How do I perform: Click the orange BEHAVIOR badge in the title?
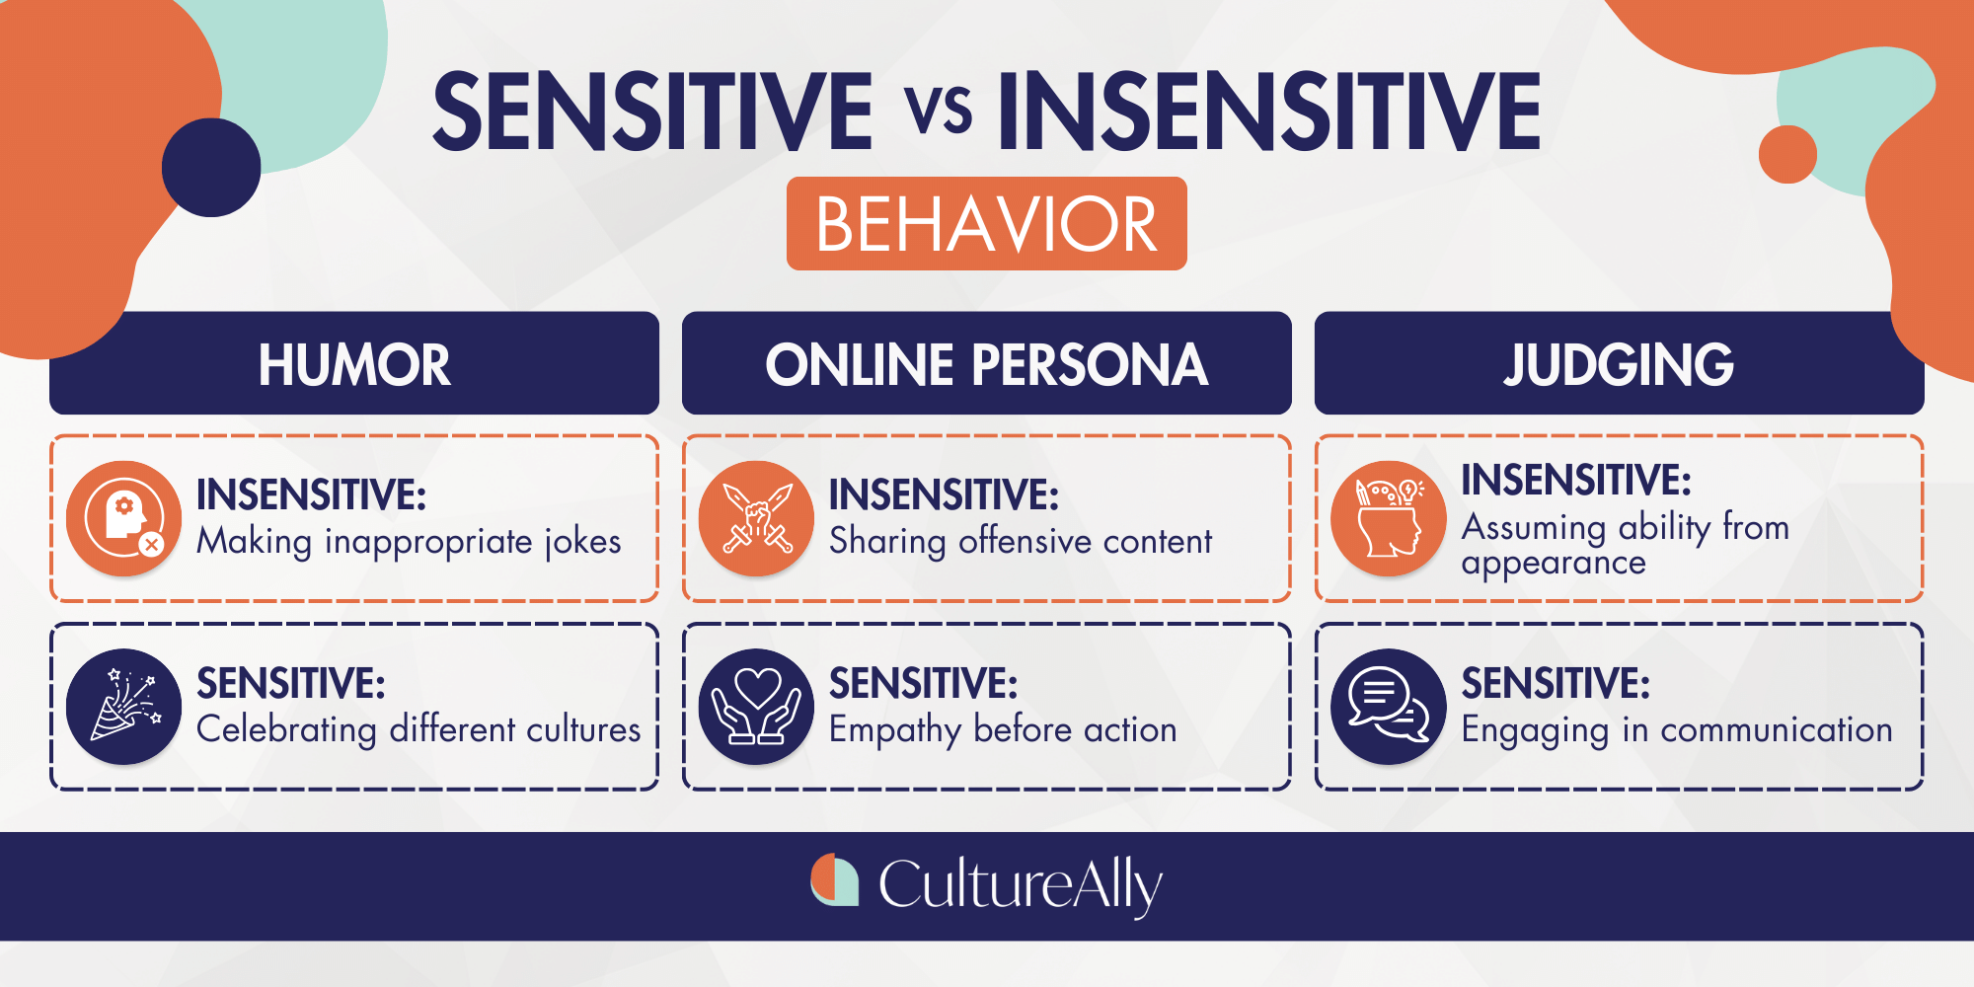[x=986, y=223]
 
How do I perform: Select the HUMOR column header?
[x=354, y=363]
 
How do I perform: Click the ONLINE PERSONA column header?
[x=987, y=363]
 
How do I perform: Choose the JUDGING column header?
[x=1620, y=363]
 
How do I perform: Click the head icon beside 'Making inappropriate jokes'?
[x=124, y=518]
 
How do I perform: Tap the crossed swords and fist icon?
[x=757, y=518]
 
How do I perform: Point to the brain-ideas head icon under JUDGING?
[x=1389, y=518]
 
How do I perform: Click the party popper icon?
[x=124, y=707]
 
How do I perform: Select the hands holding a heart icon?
[x=757, y=707]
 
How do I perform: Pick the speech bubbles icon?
[x=1389, y=707]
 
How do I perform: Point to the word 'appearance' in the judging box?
[x=1554, y=564]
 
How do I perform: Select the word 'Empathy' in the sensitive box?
[x=895, y=730]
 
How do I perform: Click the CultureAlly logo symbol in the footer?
[x=835, y=879]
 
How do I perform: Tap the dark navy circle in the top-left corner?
[x=211, y=168]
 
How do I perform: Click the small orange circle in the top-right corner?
[x=1787, y=154]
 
